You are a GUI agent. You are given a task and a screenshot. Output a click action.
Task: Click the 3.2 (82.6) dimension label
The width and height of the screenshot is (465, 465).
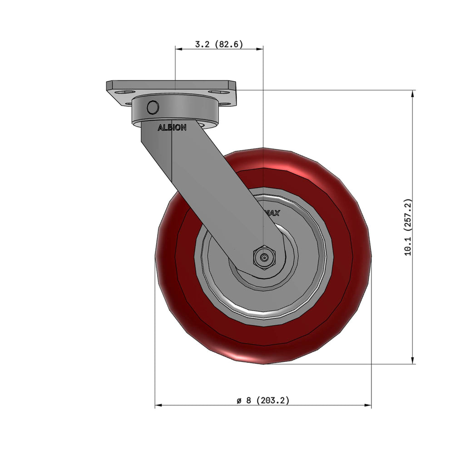click(x=219, y=44)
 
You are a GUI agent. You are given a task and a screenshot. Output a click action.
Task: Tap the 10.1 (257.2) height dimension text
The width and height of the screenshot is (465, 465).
click(x=408, y=227)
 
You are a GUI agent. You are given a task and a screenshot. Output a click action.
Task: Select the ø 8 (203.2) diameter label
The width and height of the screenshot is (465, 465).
click(x=263, y=401)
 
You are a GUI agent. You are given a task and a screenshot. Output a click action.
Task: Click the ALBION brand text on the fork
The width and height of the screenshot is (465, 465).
click(x=172, y=128)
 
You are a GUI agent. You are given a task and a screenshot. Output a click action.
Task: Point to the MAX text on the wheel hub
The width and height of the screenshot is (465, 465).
click(x=272, y=213)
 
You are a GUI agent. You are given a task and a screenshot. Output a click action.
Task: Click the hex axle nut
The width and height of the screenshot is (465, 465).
click(x=264, y=257)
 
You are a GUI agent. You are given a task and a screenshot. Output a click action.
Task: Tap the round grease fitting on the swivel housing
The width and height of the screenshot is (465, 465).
click(x=153, y=107)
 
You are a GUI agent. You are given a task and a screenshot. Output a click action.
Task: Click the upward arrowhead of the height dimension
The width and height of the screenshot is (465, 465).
click(x=412, y=94)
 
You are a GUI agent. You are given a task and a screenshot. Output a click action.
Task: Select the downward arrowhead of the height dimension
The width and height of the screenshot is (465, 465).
click(x=412, y=360)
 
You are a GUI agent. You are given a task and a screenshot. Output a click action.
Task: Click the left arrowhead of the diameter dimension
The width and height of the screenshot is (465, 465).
click(x=158, y=405)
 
